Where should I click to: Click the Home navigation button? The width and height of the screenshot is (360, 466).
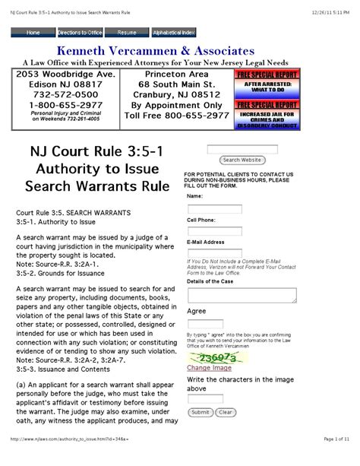tap(34, 33)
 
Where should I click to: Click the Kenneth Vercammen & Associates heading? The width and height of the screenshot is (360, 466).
tap(180, 50)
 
